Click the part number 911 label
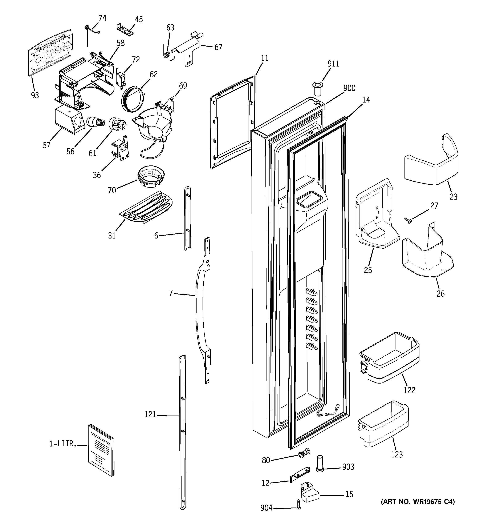coord(333,64)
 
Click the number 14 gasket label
coord(366,100)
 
